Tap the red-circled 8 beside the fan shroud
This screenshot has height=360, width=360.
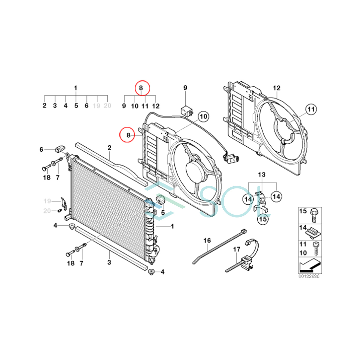tap(128, 135)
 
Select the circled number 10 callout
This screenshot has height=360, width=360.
tap(203, 116)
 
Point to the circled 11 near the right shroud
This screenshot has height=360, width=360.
tap(311, 109)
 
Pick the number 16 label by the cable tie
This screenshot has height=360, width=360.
tap(207, 241)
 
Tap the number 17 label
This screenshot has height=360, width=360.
tap(237, 249)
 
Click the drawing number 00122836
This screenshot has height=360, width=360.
tap(309, 276)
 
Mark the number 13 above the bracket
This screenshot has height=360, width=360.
tap(262, 175)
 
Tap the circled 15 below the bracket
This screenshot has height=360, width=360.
tap(262, 219)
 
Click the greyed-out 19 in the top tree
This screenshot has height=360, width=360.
tap(97, 106)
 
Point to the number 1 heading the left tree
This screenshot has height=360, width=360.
tap(76, 88)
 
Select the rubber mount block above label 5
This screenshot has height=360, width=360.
tap(161, 200)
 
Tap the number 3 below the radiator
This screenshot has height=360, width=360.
tap(109, 262)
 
